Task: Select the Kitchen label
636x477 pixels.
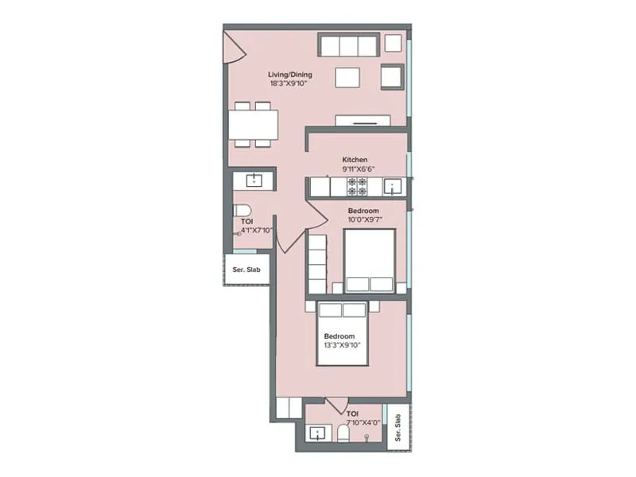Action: (355, 159)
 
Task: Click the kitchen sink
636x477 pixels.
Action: (393, 187)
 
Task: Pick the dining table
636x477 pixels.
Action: (254, 125)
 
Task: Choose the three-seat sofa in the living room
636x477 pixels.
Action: (347, 45)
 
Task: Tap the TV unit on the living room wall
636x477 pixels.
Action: (363, 122)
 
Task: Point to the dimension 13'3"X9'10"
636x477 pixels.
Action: (343, 346)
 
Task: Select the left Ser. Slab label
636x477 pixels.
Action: (246, 269)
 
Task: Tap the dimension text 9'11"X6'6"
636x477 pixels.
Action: (355, 169)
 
